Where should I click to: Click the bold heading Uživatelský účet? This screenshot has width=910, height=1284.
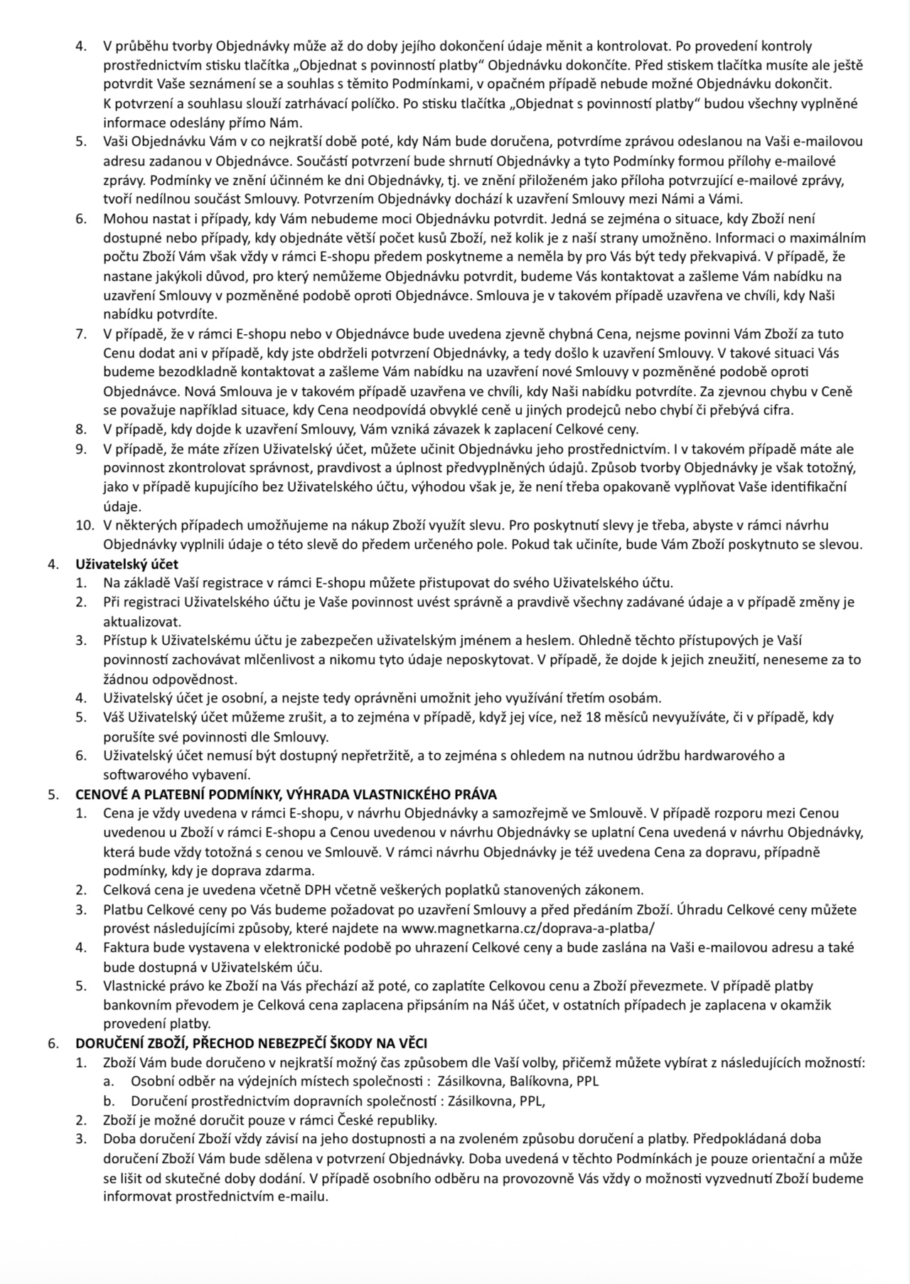pyautogui.click(x=127, y=565)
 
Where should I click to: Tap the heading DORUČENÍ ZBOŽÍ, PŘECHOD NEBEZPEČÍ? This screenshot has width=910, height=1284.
pyautogui.click(x=252, y=1044)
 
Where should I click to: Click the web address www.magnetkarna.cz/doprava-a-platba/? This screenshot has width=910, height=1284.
pyautogui.click(x=528, y=929)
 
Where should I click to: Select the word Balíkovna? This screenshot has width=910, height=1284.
pyautogui.click(x=535, y=1082)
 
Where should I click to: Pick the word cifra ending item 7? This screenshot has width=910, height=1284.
pyautogui.click(x=777, y=410)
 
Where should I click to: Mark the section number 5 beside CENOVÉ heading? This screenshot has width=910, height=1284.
pyautogui.click(x=53, y=794)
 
